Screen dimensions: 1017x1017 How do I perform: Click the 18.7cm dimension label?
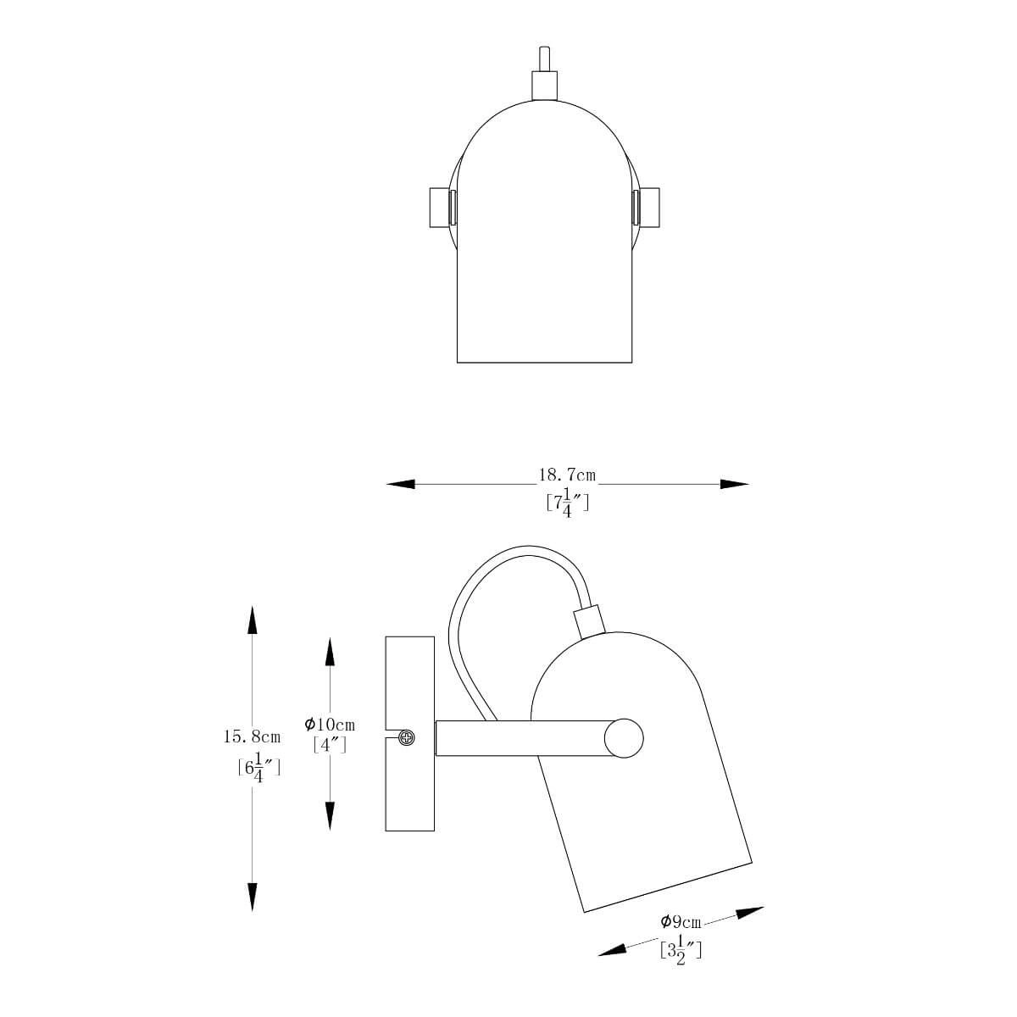pos(567,475)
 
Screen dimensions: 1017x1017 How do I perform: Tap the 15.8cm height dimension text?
pos(252,736)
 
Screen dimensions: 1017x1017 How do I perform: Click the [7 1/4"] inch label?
pos(567,503)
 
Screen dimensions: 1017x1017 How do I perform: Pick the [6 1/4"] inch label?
pos(258,768)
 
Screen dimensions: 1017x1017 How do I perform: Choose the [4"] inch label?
pos(330,745)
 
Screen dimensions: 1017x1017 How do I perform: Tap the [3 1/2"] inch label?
pos(681,951)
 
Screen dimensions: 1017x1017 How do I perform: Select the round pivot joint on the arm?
pos(624,738)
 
